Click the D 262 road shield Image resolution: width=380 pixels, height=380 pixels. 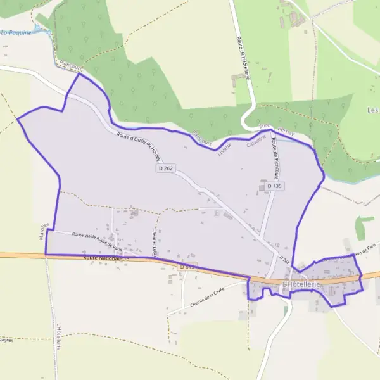click(x=166, y=168)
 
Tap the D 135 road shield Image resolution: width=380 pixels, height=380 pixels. click(x=274, y=186)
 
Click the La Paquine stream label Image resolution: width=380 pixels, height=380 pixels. click(x=16, y=32)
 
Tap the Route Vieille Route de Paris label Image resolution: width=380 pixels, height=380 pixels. click(x=97, y=240)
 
